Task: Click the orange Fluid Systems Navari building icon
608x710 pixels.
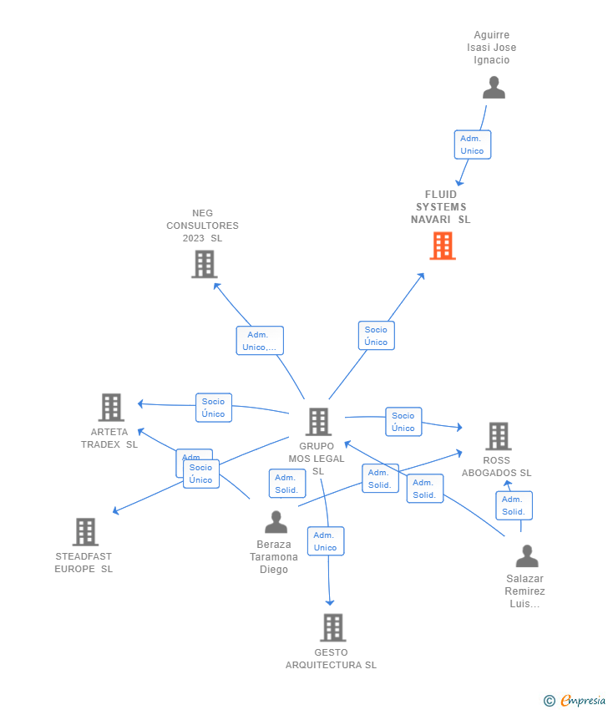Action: [x=443, y=246]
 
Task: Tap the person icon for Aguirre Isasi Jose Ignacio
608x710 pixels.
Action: [x=494, y=88]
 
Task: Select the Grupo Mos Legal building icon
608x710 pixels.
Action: [x=318, y=422]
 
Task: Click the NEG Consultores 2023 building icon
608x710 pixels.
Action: [x=204, y=264]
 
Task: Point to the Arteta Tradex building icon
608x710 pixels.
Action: [x=111, y=408]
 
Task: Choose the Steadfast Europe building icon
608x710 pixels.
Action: [x=85, y=532]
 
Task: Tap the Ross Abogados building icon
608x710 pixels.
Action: [x=499, y=436]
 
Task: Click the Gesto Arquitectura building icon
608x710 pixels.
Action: [x=332, y=627]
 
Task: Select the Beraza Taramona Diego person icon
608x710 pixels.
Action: [x=276, y=523]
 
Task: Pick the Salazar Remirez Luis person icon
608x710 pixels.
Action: [x=527, y=556]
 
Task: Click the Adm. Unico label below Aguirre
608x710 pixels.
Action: [x=472, y=145]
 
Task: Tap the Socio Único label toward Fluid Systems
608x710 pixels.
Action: [x=376, y=336]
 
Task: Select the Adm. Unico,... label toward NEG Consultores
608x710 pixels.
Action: [x=260, y=341]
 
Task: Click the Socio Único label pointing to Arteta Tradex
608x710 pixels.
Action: [x=213, y=408]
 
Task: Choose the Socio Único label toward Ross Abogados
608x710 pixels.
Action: [x=403, y=422]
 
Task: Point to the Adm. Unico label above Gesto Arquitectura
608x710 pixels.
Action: [x=325, y=541]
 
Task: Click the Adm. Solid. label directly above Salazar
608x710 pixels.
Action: [x=514, y=505]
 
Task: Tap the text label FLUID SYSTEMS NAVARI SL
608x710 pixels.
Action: [x=441, y=207]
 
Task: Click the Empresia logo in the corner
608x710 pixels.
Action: [x=575, y=701]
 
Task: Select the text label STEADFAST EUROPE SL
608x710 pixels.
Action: [x=84, y=562]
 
